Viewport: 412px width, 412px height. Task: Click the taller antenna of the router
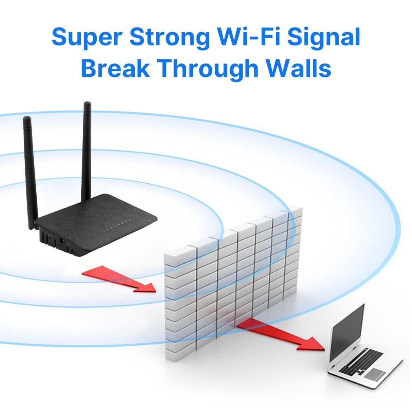tap(87, 152)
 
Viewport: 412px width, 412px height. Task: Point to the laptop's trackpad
tap(376, 374)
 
